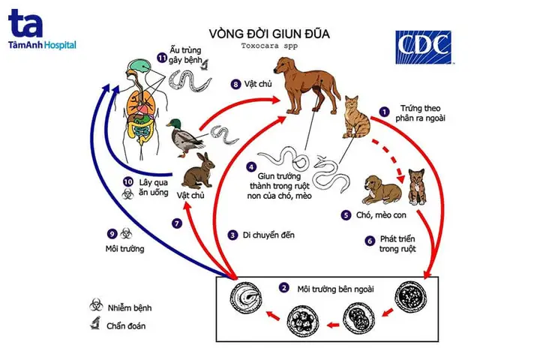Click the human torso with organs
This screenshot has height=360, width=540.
point(142,105)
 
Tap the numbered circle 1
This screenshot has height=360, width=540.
point(384,112)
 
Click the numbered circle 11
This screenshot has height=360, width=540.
point(162,58)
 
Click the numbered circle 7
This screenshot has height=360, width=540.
point(177,223)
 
